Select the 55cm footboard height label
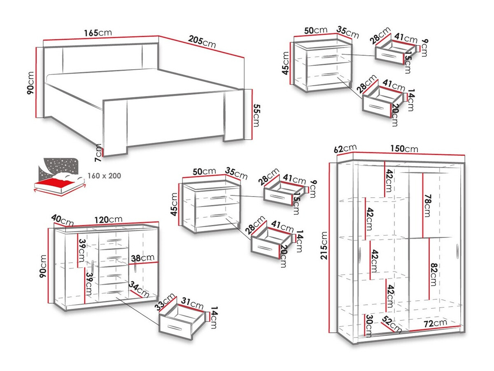pos(256,115)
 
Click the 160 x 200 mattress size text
pos(105,176)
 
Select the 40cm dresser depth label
pos(62,220)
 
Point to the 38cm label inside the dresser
pos(142,258)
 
